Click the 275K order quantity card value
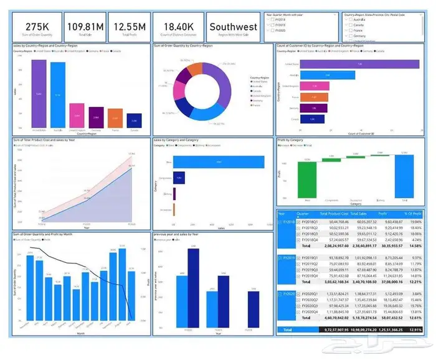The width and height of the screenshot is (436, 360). click(x=37, y=27)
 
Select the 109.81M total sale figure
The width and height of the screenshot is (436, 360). click(x=85, y=27)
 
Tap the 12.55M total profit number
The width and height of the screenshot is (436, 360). click(x=130, y=27)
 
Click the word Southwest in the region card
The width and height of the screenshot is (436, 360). click(x=232, y=27)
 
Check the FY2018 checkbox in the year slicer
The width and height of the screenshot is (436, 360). click(x=268, y=19)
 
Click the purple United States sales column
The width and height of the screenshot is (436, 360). click(x=39, y=93)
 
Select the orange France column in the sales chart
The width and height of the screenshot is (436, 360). click(x=116, y=117)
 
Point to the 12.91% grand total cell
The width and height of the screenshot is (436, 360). click(x=415, y=329)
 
